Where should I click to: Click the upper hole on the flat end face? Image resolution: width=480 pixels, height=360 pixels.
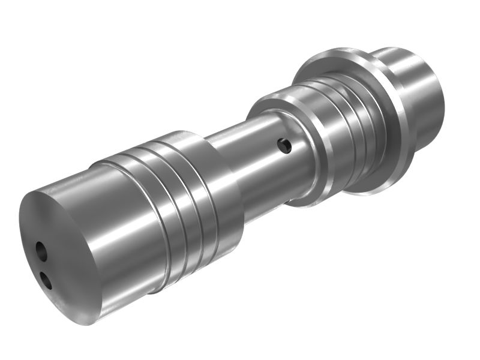(40, 250)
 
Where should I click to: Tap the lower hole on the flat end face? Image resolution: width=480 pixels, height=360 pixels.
(44, 277)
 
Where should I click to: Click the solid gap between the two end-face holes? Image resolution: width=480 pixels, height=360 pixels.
(42, 264)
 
